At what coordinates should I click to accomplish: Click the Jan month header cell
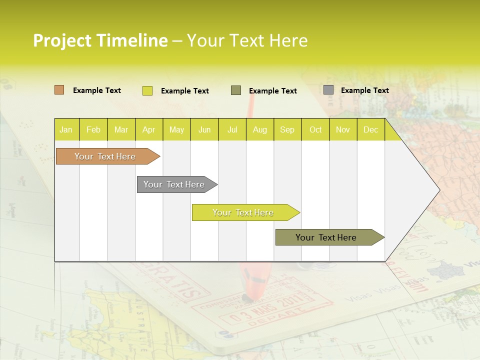pyautogui.click(x=66, y=129)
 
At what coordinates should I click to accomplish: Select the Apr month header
pyautogui.click(x=148, y=129)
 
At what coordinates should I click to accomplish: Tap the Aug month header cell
pyautogui.click(x=259, y=129)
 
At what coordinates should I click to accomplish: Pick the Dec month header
pyautogui.click(x=370, y=129)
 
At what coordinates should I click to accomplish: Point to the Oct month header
pyautogui.click(x=315, y=129)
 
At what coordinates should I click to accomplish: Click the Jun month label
pyautogui.click(x=204, y=129)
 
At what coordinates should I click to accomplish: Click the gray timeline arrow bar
pyautogui.click(x=175, y=184)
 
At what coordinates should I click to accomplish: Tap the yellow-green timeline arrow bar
pyautogui.click(x=243, y=212)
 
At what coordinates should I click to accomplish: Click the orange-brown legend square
pyautogui.click(x=59, y=90)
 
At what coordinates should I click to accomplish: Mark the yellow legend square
pyautogui.click(x=147, y=90)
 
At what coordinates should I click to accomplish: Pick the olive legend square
pyautogui.click(x=235, y=90)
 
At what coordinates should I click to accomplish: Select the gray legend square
pyautogui.click(x=328, y=90)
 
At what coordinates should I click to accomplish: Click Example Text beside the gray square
pyautogui.click(x=364, y=90)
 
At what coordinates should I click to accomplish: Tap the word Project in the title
pyautogui.click(x=62, y=40)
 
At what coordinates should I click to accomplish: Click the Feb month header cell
pyautogui.click(x=93, y=129)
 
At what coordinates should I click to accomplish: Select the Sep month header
pyautogui.click(x=287, y=129)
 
